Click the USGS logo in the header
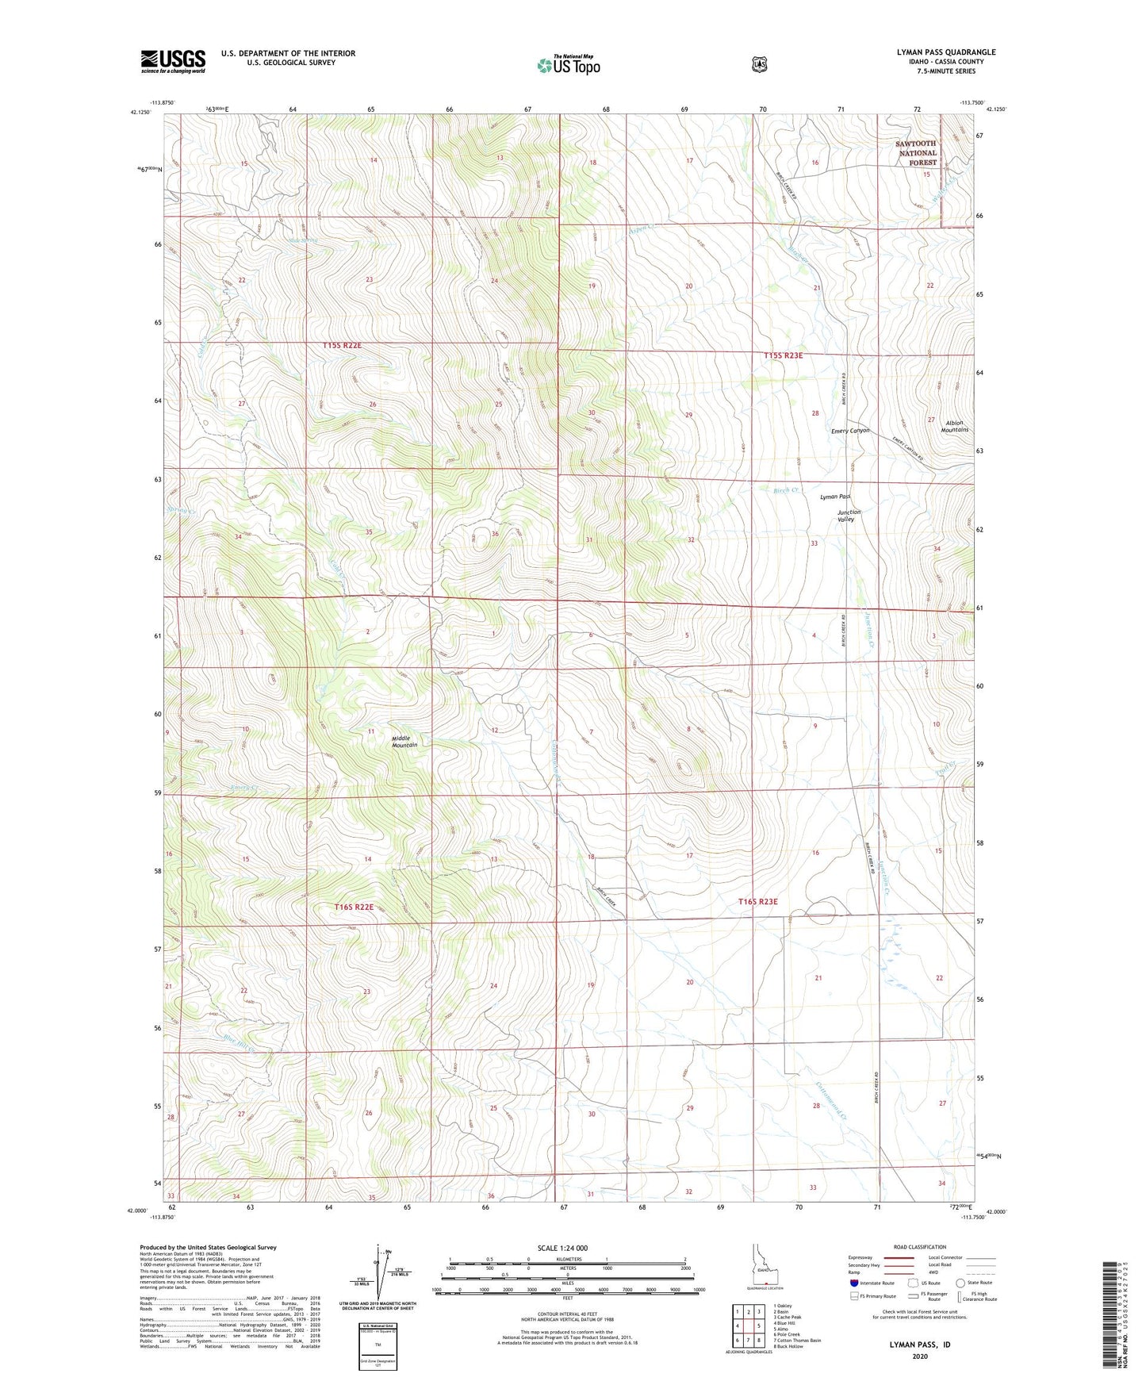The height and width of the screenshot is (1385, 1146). [x=173, y=61]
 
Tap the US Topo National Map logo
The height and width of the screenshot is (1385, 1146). [x=568, y=65]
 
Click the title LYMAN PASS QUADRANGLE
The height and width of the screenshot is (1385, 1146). [x=945, y=52]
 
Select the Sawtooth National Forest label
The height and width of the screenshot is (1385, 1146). [x=916, y=153]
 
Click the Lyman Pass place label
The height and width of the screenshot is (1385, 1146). [x=834, y=497]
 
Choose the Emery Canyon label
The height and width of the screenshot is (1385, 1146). [x=850, y=431]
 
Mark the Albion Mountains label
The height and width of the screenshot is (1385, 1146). [x=954, y=426]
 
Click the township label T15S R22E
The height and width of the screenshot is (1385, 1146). [x=342, y=346]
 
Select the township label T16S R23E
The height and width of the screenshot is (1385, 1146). [x=757, y=902]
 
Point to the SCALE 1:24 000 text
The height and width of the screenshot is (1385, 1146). [x=562, y=1248]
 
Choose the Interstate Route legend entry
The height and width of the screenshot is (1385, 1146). [x=873, y=1283]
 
